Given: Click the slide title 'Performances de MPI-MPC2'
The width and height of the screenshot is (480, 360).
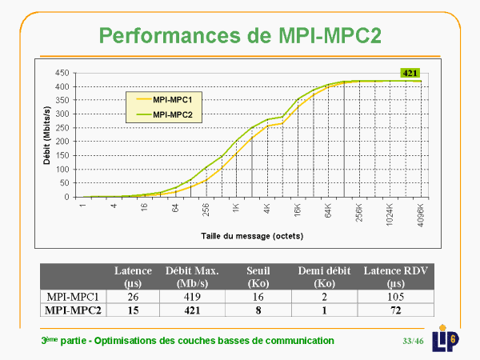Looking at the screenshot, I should [x=239, y=34].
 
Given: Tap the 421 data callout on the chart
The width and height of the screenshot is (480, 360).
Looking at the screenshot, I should [x=410, y=73].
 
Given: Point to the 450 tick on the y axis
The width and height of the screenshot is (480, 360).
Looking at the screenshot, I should [x=60, y=73].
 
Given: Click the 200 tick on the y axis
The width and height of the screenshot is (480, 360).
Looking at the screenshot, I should [x=60, y=142].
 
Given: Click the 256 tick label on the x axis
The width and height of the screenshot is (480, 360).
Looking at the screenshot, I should [x=206, y=210].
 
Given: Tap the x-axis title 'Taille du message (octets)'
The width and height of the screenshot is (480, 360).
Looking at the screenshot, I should [x=253, y=237].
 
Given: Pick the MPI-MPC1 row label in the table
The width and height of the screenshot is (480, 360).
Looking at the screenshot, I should [x=74, y=295].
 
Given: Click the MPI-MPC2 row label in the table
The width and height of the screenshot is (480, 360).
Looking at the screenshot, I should [x=74, y=310].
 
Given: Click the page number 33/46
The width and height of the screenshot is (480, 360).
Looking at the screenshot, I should [x=413, y=342].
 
